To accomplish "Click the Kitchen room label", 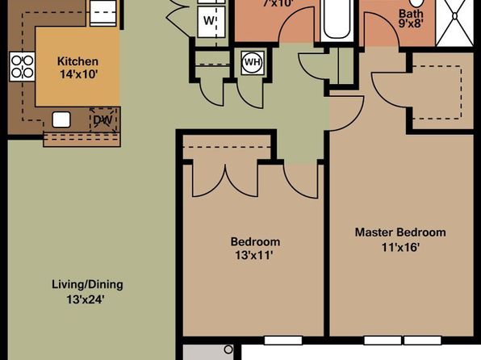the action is [x=77, y=61].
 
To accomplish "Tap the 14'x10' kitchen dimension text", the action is [x=78, y=74].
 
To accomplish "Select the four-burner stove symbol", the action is [x=22, y=67].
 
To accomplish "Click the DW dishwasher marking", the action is [x=102, y=120].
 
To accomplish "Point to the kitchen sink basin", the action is [x=61, y=119].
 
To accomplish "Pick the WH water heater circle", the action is [x=253, y=63].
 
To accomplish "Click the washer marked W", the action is [x=211, y=22].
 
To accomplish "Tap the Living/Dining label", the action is [x=87, y=285].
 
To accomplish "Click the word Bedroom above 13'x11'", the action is [x=255, y=242].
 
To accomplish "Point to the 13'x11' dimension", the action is [x=254, y=255].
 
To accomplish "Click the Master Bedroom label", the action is [x=400, y=232].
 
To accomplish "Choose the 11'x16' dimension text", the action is [x=400, y=247].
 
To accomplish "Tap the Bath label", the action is [x=411, y=14].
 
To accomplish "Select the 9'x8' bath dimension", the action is [x=411, y=23].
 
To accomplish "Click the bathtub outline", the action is [x=337, y=19].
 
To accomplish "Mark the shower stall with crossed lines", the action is [x=454, y=23].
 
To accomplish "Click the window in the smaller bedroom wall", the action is [x=283, y=340].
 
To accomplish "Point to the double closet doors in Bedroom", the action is [x=225, y=181].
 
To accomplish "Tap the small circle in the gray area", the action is [x=228, y=350].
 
